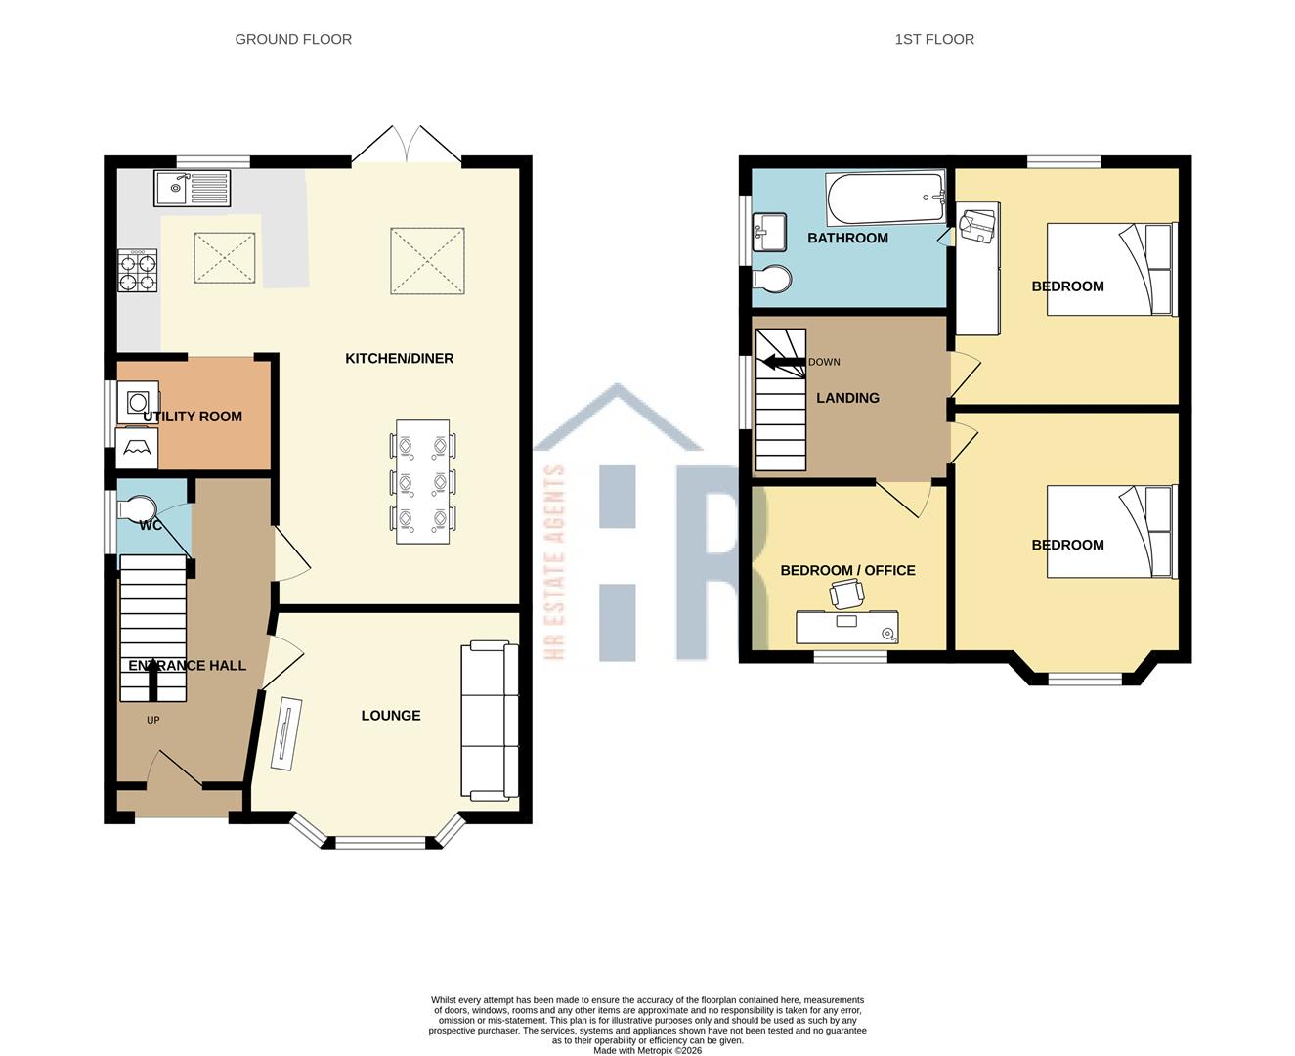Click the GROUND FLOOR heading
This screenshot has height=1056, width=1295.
coord(293,39)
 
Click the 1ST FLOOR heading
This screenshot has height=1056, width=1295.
coord(934,39)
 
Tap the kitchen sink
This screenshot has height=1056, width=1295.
coord(192,188)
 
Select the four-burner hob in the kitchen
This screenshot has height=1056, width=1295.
coord(138,272)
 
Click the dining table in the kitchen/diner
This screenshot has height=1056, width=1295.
coord(423,482)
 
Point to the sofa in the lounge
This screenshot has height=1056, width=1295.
coord(490,721)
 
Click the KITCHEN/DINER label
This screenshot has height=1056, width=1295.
coord(399,359)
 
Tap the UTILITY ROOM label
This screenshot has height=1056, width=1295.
coord(193,417)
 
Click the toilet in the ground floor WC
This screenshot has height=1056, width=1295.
coord(136,509)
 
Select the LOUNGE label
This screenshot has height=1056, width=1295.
coord(391,716)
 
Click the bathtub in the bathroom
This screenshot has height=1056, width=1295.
coord(885,198)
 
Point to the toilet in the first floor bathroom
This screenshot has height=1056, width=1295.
coord(772,280)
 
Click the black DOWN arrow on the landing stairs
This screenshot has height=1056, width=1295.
coord(783,363)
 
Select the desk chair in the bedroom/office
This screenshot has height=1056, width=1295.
coord(846,594)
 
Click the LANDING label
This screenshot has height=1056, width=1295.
coord(847,398)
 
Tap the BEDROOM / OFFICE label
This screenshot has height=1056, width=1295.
coord(847,571)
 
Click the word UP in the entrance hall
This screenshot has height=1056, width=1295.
coord(152,721)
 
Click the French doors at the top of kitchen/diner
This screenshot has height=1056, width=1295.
coord(407,147)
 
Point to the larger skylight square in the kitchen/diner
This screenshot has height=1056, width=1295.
coord(427,260)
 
